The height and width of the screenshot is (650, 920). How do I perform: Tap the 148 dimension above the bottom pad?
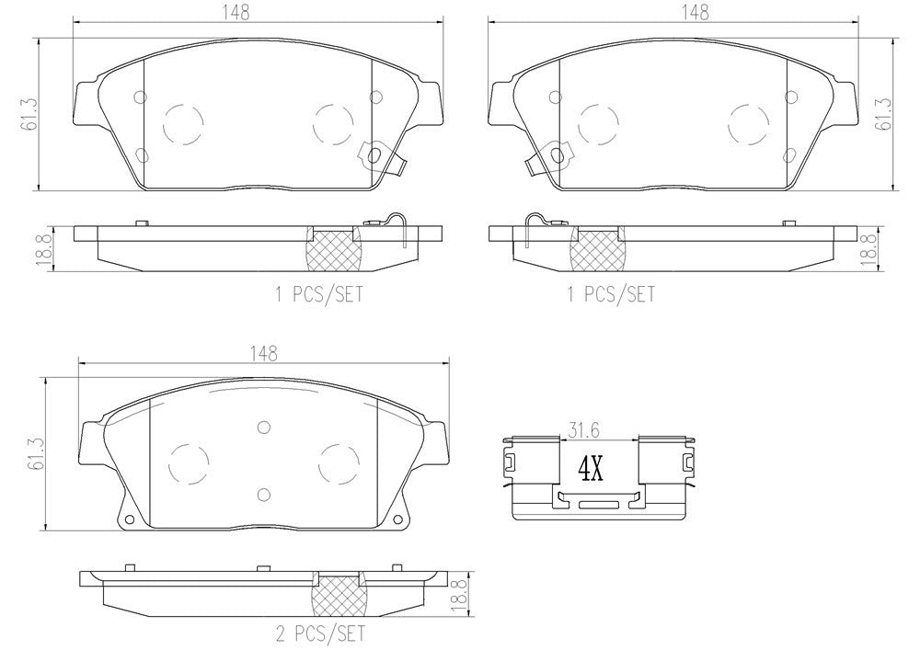[x=263, y=353]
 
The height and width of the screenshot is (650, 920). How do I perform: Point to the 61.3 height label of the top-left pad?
[x=30, y=114]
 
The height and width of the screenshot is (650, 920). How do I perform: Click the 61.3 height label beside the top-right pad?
[x=885, y=114]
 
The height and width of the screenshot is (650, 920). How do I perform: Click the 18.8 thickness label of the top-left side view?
[x=41, y=249]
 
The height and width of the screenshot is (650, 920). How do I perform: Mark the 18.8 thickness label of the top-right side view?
[x=867, y=249]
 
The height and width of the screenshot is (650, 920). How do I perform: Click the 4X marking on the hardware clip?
[x=589, y=470]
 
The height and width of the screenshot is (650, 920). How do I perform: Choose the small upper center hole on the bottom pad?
[x=263, y=426]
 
